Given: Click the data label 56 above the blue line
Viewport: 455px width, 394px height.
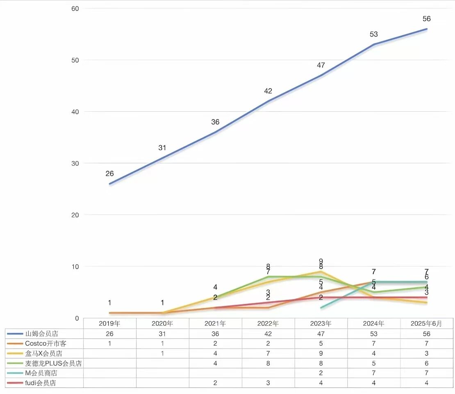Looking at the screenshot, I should (427, 19).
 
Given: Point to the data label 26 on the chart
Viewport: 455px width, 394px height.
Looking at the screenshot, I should (109, 173).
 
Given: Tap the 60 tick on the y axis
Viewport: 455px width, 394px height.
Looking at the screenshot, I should (75, 9).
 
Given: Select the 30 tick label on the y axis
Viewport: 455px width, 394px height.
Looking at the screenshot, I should (75, 163).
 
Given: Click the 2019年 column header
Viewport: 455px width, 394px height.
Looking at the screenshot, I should (109, 324).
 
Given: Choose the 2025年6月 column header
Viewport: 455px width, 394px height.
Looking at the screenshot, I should (427, 324).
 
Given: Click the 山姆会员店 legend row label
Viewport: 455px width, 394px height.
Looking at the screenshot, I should (42, 334).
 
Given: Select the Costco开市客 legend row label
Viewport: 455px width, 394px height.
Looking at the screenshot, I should (45, 344).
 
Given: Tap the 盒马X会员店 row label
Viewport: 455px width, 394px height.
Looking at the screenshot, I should (43, 353).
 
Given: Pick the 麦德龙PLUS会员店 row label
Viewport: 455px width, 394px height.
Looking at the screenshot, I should (53, 363).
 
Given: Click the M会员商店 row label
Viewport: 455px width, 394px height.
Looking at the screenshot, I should (41, 373).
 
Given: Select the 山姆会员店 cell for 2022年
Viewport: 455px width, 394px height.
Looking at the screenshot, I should (268, 334).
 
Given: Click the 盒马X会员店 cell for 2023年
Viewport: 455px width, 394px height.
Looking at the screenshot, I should (321, 353).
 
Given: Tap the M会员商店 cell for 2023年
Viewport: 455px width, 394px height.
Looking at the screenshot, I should (321, 373).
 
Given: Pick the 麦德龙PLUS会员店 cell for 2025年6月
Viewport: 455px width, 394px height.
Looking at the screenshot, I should (427, 363).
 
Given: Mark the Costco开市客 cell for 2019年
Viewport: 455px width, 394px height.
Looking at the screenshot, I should (109, 344).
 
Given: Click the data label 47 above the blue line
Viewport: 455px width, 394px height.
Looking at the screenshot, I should (321, 65).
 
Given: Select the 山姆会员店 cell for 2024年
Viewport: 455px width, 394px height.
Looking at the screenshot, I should (374, 334).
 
